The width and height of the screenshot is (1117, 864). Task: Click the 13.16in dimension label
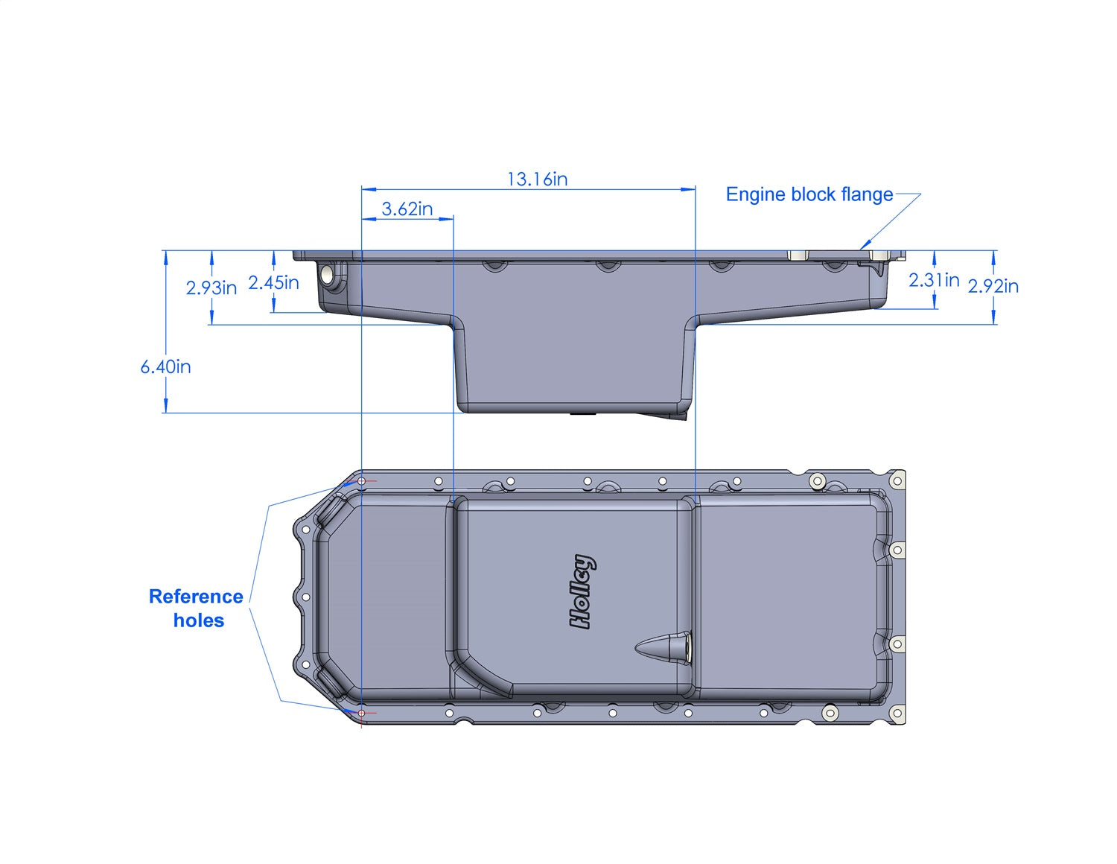(537, 180)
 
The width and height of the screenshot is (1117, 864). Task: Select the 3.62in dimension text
(407, 209)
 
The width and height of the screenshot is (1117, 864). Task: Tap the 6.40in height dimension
(165, 367)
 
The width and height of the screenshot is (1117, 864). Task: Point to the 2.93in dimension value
(211, 288)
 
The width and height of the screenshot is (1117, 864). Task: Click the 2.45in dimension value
(273, 283)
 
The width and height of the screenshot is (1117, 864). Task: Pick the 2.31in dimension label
(933, 280)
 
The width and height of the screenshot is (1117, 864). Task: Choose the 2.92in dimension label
(993, 286)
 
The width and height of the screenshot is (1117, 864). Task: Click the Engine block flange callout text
(809, 194)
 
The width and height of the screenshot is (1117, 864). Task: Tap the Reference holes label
(197, 609)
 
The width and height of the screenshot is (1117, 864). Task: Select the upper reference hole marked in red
(362, 481)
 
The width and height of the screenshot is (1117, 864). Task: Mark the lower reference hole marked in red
(362, 714)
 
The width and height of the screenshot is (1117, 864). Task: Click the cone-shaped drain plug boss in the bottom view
(663, 646)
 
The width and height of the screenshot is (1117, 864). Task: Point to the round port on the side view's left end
(328, 275)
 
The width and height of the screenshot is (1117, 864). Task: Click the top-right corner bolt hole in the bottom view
(898, 480)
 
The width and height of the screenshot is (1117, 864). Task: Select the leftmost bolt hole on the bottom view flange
(305, 597)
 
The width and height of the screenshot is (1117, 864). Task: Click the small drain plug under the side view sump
(584, 413)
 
